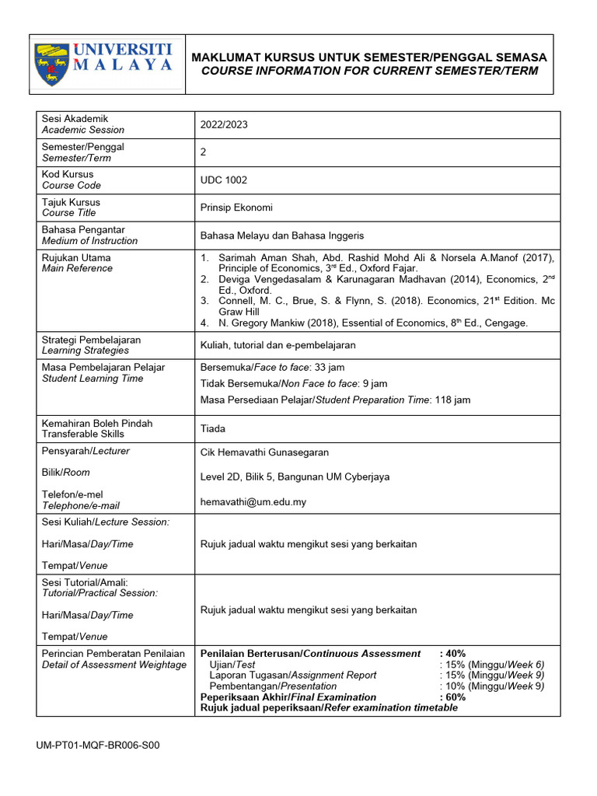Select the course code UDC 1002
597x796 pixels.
tap(224, 180)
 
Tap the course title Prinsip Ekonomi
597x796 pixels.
tap(236, 208)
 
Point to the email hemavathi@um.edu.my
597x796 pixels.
tap(253, 502)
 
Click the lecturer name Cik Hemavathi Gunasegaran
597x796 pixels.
tap(264, 452)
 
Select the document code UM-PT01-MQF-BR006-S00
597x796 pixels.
tap(98, 745)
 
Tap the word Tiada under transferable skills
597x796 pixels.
tap(213, 428)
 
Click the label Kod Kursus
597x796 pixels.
tap(68, 175)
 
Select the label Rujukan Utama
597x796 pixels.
tap(76, 258)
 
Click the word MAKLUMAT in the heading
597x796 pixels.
tap(229, 58)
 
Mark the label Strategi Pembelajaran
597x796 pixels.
tap(92, 340)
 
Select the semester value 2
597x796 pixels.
tap(203, 152)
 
